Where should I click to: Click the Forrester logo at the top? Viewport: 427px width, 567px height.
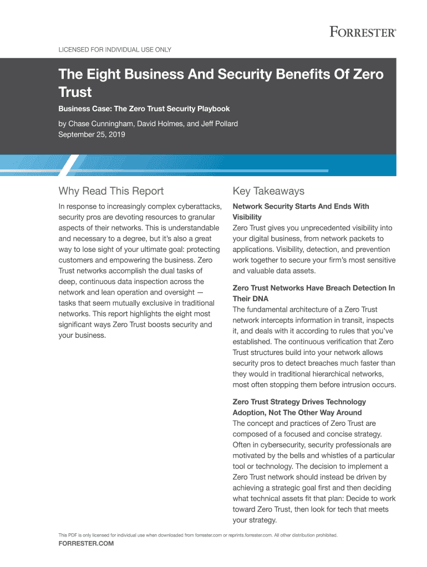(x=363, y=32)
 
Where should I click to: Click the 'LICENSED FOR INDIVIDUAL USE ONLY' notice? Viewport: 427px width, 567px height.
(x=115, y=50)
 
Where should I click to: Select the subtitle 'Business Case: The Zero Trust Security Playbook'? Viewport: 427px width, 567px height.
(x=144, y=109)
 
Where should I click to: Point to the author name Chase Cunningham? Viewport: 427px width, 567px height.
(x=106, y=123)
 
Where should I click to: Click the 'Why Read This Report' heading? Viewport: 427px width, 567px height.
(x=111, y=192)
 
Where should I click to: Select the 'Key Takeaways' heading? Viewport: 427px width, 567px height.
(x=268, y=192)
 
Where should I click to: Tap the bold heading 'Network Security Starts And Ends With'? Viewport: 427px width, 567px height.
(x=301, y=207)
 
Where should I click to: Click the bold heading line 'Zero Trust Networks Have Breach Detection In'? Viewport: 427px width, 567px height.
(x=313, y=288)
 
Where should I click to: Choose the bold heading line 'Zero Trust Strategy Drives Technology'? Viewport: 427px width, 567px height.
(x=299, y=402)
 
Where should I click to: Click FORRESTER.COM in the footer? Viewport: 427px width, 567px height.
(x=86, y=544)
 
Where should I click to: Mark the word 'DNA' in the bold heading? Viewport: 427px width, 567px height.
(x=260, y=299)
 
